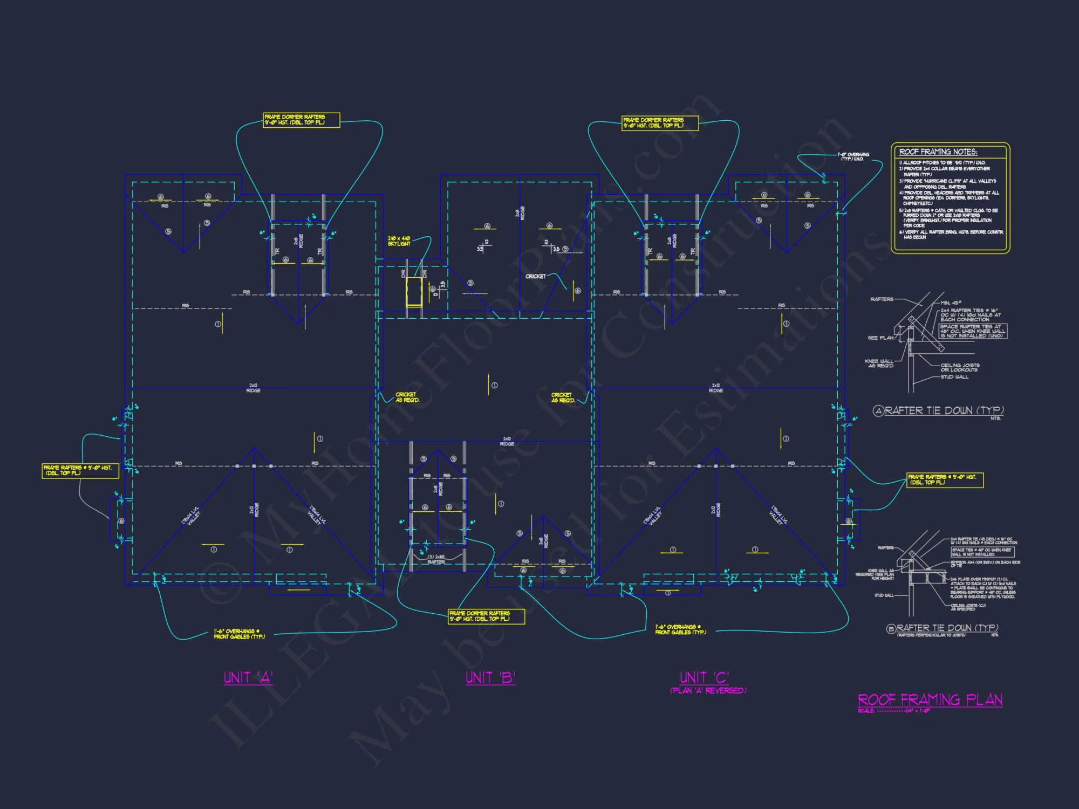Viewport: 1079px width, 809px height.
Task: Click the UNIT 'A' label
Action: [x=248, y=677]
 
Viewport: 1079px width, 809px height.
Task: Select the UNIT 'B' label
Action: [x=490, y=677]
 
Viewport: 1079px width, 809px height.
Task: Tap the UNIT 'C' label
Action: [x=704, y=677]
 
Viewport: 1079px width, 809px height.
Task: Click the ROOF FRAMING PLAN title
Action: [x=930, y=700]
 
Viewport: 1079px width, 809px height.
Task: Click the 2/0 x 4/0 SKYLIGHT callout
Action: [x=399, y=241]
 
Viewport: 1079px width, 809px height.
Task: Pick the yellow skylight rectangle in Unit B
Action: [x=414, y=292]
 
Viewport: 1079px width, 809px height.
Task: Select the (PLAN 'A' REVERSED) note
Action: [x=708, y=691]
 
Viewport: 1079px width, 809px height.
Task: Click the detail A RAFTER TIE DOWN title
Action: [x=944, y=411]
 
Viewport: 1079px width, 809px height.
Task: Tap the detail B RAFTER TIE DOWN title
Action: [x=947, y=628]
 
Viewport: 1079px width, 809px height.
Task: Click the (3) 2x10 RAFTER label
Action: [x=436, y=559]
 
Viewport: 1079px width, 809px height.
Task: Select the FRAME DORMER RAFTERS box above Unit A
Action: [x=301, y=120]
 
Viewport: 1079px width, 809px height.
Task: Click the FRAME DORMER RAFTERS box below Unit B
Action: [x=486, y=616]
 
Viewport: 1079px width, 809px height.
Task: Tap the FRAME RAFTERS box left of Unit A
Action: [x=80, y=470]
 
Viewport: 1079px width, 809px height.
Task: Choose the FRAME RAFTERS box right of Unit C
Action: [x=945, y=479]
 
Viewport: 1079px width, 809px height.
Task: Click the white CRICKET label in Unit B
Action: [x=535, y=276]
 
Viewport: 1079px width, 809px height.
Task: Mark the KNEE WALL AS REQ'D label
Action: [x=879, y=363]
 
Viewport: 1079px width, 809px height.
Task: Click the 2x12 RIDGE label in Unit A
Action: [x=253, y=388]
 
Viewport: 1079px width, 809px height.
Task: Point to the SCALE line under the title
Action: [x=893, y=711]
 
